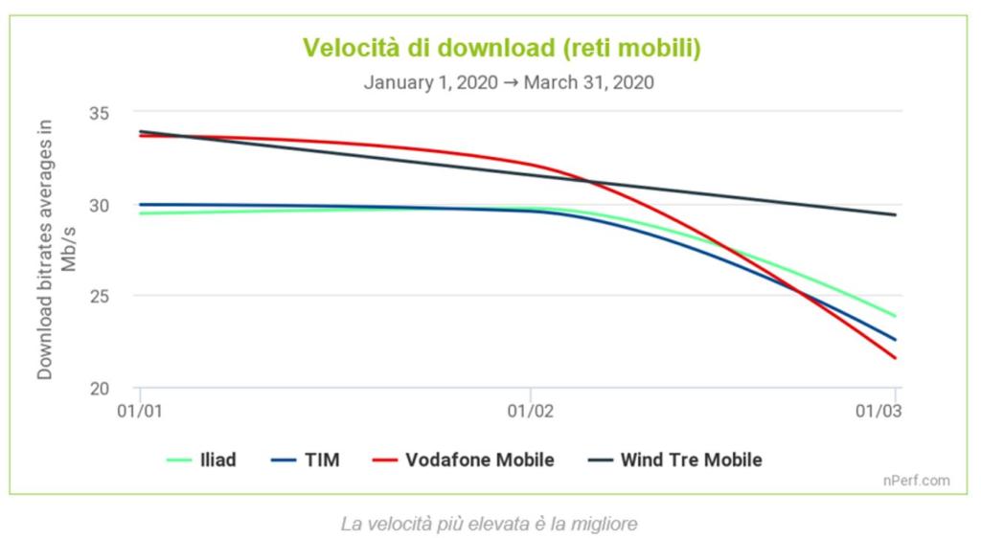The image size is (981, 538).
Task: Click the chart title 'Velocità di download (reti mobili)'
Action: pos(502,48)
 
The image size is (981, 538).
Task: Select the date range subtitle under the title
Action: pos(509,82)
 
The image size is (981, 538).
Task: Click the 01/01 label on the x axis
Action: pos(141,412)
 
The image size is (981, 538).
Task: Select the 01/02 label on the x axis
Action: pos(530,412)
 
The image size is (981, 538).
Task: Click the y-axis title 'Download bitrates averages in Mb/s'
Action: pos(56,249)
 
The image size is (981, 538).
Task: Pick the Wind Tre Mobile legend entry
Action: pos(673,460)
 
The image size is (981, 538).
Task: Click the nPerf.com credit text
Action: pos(917,481)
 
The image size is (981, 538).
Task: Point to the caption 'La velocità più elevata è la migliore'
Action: pos(489,524)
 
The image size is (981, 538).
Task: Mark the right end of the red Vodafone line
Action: pos(895,358)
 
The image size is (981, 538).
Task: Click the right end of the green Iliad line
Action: pos(895,316)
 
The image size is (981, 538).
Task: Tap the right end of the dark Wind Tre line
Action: pos(895,214)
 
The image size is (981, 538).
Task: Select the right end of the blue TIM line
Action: pos(895,340)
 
